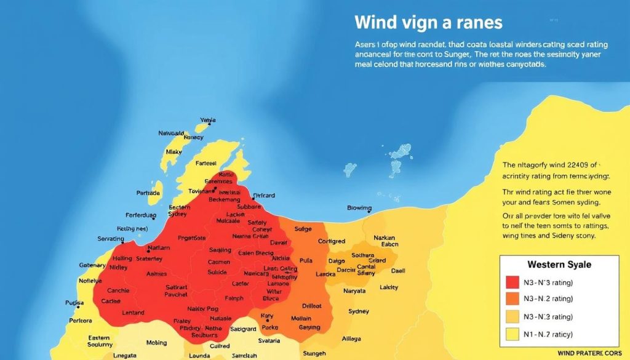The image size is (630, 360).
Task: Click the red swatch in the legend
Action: (512, 282)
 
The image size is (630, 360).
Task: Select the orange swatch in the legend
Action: (512, 300)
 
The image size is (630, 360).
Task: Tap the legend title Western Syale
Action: (559, 265)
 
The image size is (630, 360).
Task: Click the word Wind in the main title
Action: (375, 23)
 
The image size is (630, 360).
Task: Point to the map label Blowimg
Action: (359, 208)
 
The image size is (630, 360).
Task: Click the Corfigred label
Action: (332, 242)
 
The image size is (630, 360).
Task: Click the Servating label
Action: (111, 239)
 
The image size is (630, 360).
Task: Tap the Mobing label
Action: (156, 343)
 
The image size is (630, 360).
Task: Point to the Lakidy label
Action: (389, 287)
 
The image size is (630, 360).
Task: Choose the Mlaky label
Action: (173, 152)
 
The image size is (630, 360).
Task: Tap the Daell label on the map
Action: (398, 271)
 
